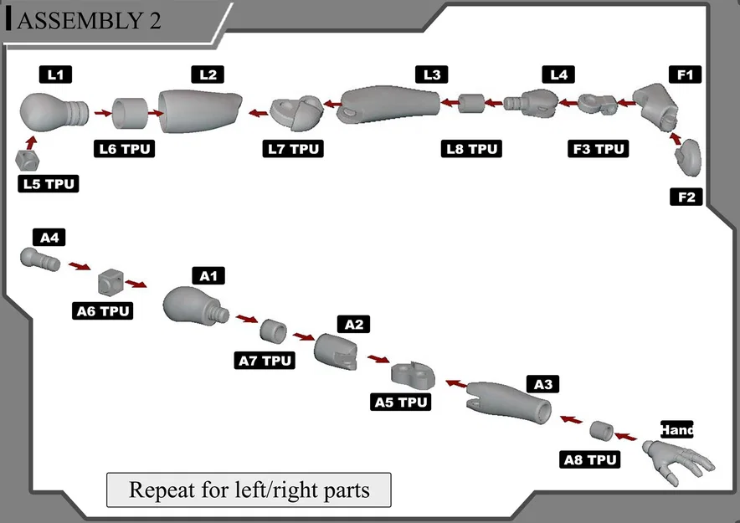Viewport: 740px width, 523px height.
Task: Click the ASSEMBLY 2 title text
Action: (x=88, y=21)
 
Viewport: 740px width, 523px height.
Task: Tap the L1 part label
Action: (x=56, y=74)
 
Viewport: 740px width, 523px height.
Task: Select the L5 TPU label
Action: (x=49, y=183)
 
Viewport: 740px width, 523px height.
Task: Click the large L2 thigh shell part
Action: (x=198, y=110)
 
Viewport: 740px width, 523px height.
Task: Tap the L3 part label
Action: (x=431, y=74)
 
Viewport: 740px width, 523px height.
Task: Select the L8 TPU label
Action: (x=472, y=149)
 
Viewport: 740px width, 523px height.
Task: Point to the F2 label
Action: (x=686, y=197)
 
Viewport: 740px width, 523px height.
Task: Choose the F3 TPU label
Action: (x=598, y=149)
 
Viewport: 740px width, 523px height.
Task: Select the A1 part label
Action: (x=208, y=275)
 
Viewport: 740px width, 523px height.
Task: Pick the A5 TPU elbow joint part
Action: (x=409, y=374)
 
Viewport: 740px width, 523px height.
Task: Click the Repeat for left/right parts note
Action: (x=249, y=490)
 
